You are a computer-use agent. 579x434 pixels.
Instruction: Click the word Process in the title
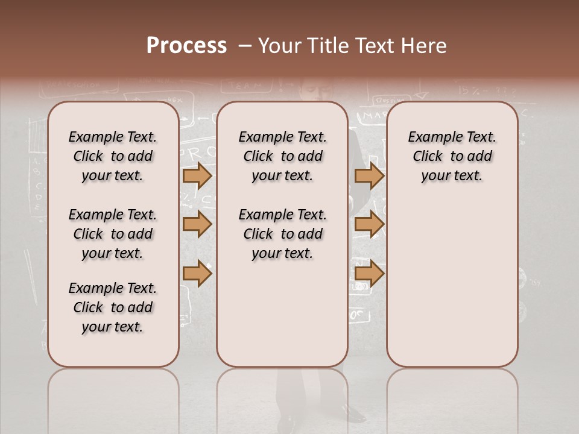[186, 46]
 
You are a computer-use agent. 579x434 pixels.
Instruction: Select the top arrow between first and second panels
[197, 175]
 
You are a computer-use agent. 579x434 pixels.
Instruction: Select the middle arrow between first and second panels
[197, 225]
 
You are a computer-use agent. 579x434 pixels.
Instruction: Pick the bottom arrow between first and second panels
[197, 274]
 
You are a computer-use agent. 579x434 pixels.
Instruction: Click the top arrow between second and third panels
[370, 175]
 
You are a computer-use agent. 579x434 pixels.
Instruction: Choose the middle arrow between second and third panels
[370, 225]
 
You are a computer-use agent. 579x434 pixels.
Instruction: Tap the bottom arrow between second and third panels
[370, 274]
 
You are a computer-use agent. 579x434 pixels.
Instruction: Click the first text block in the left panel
[113, 156]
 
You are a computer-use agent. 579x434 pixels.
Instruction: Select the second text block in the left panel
[113, 234]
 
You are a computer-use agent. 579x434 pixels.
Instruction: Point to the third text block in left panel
[113, 307]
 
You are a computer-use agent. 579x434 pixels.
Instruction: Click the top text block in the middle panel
[282, 156]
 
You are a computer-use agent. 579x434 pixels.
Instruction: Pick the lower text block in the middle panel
[282, 234]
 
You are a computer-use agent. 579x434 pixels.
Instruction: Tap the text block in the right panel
[452, 156]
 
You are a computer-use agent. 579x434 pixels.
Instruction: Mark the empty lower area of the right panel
[452, 283]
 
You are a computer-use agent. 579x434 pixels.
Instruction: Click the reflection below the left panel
[113, 398]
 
